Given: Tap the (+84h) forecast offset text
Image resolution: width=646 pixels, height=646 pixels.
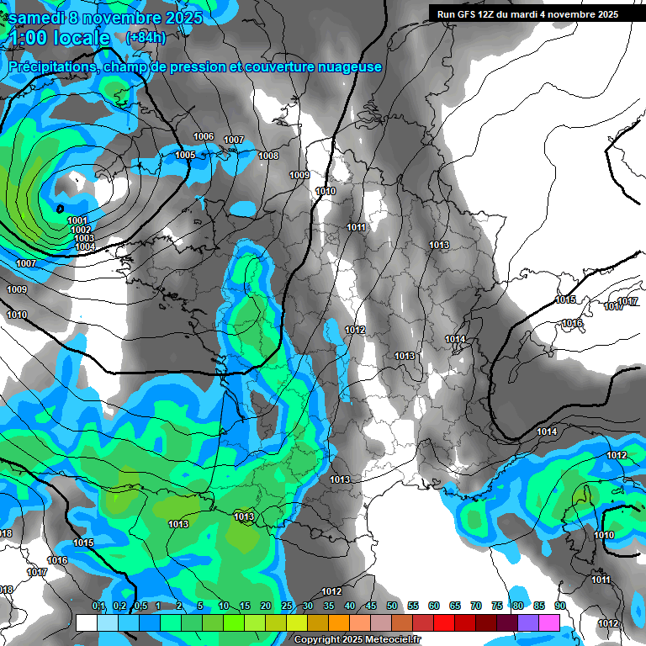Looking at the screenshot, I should tap(146, 38).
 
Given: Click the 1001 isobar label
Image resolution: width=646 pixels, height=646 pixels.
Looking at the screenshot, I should tap(78, 220).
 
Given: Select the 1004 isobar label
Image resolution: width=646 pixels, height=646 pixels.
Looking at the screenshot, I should tap(84, 246).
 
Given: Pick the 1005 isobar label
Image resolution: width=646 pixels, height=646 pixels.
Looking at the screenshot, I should tap(185, 155).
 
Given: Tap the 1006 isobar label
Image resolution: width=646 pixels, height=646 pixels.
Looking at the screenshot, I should tap(204, 136).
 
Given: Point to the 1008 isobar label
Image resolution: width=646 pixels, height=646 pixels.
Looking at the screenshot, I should tap(268, 156).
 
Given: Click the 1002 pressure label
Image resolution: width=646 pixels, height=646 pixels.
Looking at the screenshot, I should tap(82, 230).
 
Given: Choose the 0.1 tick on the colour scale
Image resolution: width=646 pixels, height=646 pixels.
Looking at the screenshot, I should tap(98, 606).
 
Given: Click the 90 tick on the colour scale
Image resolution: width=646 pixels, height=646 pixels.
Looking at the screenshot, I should tap(559, 606).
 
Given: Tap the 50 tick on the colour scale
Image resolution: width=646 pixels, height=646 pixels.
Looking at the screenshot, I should tap(392, 606).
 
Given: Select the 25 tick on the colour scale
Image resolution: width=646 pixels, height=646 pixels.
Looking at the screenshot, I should tap(287, 606).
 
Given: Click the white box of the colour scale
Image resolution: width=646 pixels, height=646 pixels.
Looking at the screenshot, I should tap(86, 622).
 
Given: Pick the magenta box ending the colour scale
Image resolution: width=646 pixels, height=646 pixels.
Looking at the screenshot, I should tap(548, 622).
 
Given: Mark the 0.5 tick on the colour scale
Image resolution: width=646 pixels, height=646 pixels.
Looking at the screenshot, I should tap(140, 606).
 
